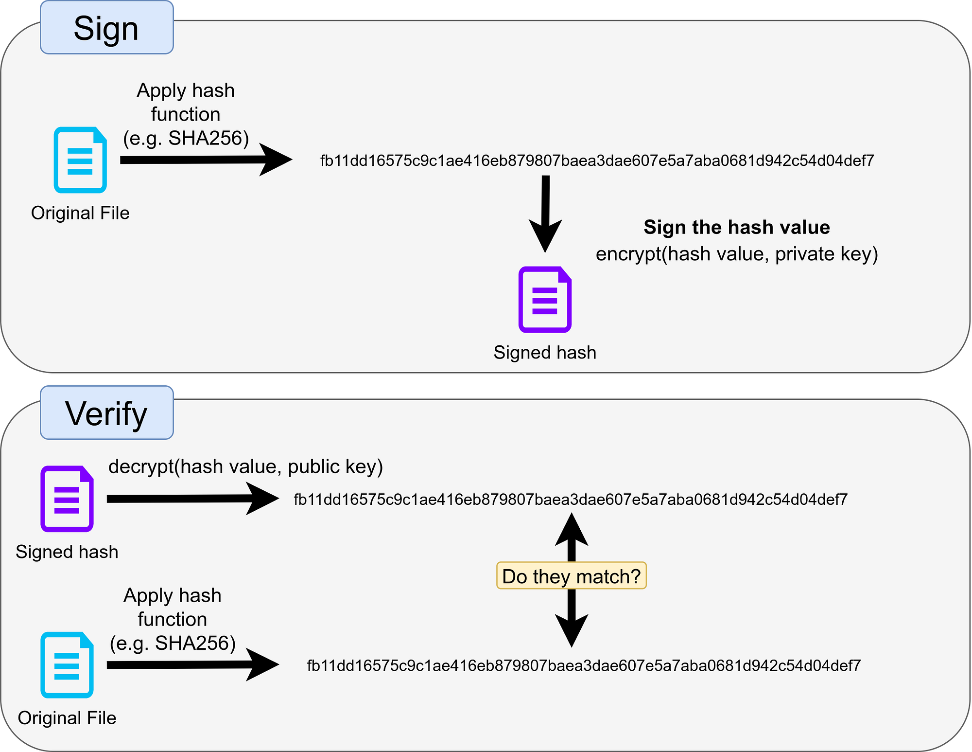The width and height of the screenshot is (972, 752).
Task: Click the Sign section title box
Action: click(107, 27)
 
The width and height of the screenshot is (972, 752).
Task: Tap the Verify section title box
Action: click(107, 413)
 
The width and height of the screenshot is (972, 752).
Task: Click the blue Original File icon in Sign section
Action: click(80, 160)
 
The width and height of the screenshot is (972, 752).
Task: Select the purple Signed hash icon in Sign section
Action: click(545, 300)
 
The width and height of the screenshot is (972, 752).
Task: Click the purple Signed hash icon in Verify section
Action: click(67, 499)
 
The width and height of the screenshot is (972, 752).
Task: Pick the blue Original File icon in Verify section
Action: click(67, 665)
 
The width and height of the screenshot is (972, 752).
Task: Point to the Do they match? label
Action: click(572, 576)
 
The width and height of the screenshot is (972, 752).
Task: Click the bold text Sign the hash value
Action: click(737, 227)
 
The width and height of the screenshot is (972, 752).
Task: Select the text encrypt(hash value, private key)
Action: click(737, 254)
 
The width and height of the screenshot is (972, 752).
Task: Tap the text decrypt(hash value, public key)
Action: click(245, 466)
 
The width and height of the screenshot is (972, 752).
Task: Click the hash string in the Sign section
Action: click(597, 161)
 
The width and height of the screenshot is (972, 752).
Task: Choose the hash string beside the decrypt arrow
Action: click(571, 500)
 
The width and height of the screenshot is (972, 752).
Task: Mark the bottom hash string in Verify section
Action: click(584, 665)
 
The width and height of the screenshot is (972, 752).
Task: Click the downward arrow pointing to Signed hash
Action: click(545, 214)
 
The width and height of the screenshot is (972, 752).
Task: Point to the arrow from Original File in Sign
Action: click(206, 160)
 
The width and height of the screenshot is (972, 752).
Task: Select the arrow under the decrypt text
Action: click(193, 499)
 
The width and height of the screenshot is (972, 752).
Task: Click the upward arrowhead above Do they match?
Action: click(572, 529)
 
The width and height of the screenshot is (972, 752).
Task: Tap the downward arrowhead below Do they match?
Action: click(572, 631)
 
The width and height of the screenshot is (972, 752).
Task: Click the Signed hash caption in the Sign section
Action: click(545, 353)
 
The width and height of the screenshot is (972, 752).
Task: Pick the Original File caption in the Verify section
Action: click(67, 718)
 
